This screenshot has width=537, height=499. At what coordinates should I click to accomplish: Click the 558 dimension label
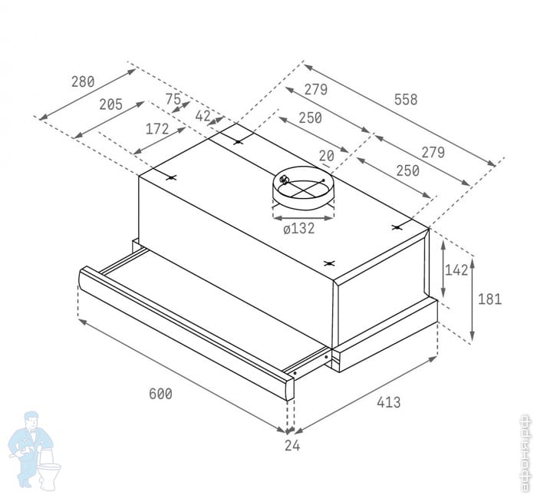point(406,99)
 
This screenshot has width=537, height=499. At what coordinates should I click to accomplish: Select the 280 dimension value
point(83,82)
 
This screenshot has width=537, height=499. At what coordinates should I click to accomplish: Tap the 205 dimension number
point(110,104)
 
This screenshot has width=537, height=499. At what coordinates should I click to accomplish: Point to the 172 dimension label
point(157,129)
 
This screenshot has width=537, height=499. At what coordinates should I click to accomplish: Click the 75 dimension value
point(173,99)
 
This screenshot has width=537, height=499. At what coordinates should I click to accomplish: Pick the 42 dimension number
point(203,116)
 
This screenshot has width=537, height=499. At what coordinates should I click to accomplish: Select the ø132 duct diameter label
point(299,228)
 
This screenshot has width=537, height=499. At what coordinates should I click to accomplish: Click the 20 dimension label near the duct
point(327,156)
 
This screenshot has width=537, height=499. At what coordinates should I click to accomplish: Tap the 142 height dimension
point(456,270)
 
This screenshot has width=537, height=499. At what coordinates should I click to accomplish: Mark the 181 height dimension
point(489,299)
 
